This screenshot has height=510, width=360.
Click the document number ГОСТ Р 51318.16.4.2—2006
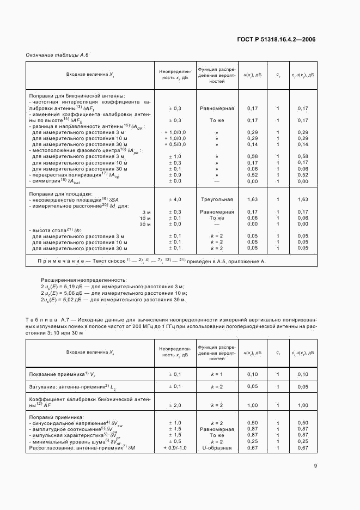click(x=276, y=39)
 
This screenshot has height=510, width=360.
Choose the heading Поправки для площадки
click(x=60, y=193)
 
